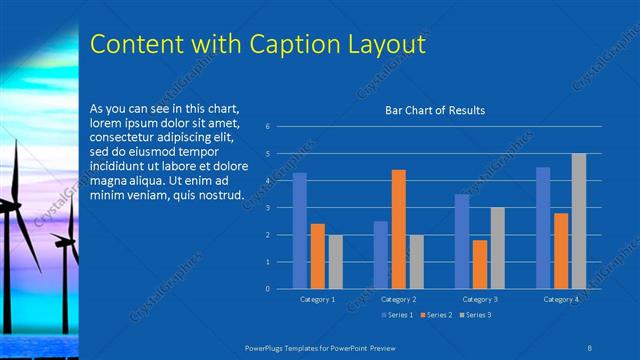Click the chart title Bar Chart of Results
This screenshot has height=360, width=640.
click(435, 110)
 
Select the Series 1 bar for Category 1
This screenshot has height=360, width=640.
click(299, 231)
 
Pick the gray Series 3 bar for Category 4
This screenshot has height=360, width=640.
click(579, 221)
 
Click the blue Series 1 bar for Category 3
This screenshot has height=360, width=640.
click(462, 241)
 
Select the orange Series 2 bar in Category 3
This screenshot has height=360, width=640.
click(480, 264)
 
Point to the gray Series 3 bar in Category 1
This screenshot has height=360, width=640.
click(335, 262)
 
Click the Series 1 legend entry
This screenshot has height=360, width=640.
click(399, 315)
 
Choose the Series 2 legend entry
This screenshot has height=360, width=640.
click(436, 315)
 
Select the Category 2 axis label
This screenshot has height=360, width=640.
click(398, 299)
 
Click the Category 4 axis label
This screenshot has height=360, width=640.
click(561, 299)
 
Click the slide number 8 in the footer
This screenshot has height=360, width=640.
click(589, 347)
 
